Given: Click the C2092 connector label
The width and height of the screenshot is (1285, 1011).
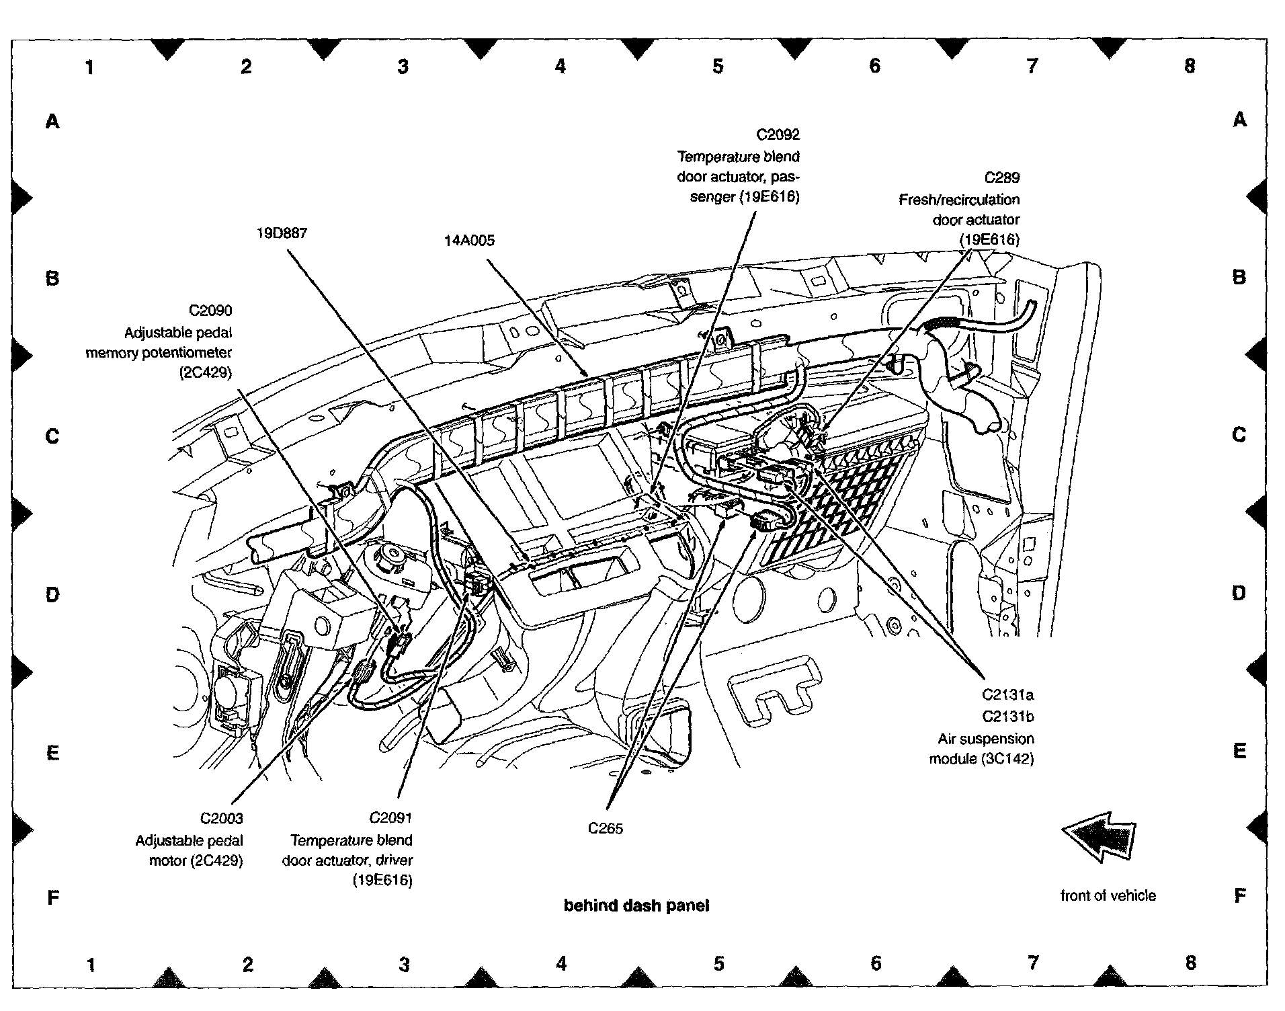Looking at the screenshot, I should coord(778,134).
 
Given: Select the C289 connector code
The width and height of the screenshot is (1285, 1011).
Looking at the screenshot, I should coord(1001,177).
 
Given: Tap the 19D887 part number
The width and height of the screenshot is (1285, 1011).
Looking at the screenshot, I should coord(282,233).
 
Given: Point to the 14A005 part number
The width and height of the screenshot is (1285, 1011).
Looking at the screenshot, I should coord(469,241).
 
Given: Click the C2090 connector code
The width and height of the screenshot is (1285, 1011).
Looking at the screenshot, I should coord(210,311).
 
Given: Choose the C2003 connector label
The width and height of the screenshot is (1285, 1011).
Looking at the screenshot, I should coord(221,819).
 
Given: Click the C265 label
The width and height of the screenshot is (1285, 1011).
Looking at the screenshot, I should coord(605,829).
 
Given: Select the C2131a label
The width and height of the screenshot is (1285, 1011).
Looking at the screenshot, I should coord(1007,694).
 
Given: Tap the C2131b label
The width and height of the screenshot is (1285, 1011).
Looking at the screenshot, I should coord(1007,717).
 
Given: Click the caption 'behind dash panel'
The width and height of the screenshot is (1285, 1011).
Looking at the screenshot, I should coord(636,906).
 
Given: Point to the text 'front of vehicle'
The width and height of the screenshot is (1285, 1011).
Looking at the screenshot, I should coord(1108,895).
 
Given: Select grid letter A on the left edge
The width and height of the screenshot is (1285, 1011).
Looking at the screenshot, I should coord(52,122).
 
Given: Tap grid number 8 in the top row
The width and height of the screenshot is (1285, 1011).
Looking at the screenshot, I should coord(1190,66).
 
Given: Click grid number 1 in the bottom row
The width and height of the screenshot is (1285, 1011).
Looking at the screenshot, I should coord(91,965).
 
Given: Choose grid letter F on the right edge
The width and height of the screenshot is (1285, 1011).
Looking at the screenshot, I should coord(1240,895).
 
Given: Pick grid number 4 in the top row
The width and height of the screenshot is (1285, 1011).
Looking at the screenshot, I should coord(561,66).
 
